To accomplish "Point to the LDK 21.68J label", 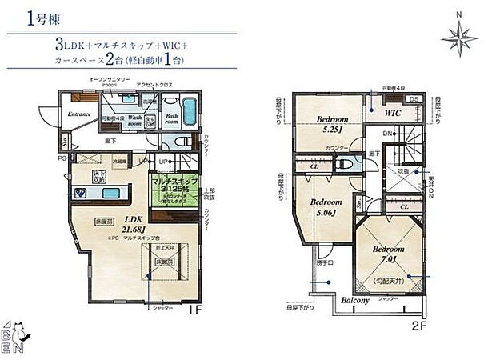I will [x=133, y=221].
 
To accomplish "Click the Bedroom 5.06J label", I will [x=326, y=207].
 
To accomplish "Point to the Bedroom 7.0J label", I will [x=388, y=254].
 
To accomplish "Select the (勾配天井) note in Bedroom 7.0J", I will [x=388, y=281].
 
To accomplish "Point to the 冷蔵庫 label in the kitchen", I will [x=118, y=160].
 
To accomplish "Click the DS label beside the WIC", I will [x=413, y=99].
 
